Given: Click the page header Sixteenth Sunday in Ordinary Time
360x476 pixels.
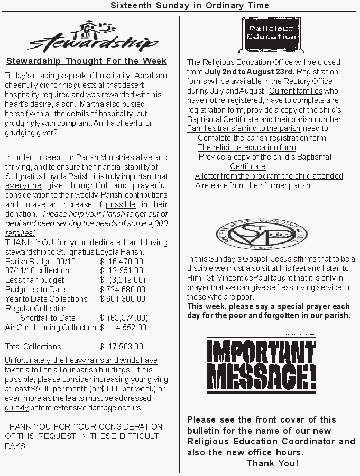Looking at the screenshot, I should pyautogui.click(x=190, y=5).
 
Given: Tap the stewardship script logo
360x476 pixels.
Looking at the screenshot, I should pyautogui.click(x=92, y=38).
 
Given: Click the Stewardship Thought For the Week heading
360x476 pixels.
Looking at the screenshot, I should pyautogui.click(x=86, y=61).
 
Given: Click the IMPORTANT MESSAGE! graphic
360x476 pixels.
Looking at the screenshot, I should pyautogui.click(x=262, y=366).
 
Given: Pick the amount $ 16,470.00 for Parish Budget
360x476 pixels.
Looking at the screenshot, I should pyautogui.click(x=121, y=261).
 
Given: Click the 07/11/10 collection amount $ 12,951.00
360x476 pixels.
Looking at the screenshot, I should pyautogui.click(x=121, y=270).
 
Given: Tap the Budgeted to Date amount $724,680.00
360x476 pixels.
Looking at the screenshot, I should pyautogui.click(x=122, y=290).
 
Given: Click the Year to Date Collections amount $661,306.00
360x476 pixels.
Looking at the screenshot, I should pyautogui.click(x=122, y=299).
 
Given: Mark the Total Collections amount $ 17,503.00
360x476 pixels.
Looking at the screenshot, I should pyautogui.click(x=121, y=347).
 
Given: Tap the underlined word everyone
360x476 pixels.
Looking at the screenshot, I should pyautogui.click(x=23, y=186).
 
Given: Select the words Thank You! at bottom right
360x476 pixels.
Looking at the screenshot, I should pyautogui.click(x=272, y=463).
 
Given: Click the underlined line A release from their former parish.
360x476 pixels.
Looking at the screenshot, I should pyautogui.click(x=254, y=185).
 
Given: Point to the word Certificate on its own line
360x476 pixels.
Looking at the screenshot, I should pyautogui.click(x=247, y=166).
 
